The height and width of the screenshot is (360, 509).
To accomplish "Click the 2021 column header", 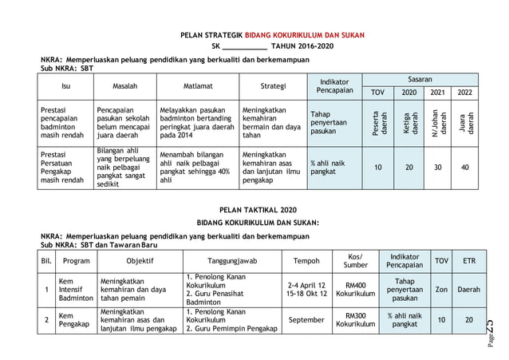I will [x=439, y=93].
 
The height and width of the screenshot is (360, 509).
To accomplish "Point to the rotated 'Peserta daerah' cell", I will [x=378, y=121].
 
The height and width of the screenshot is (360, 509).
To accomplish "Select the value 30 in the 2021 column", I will [x=438, y=168].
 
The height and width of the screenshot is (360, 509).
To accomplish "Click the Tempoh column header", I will [x=307, y=260].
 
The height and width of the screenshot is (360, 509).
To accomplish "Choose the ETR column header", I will [x=469, y=260].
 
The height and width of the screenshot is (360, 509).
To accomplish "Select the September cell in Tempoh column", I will [x=307, y=320].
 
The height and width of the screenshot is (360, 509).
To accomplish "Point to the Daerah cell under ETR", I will [x=469, y=289].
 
